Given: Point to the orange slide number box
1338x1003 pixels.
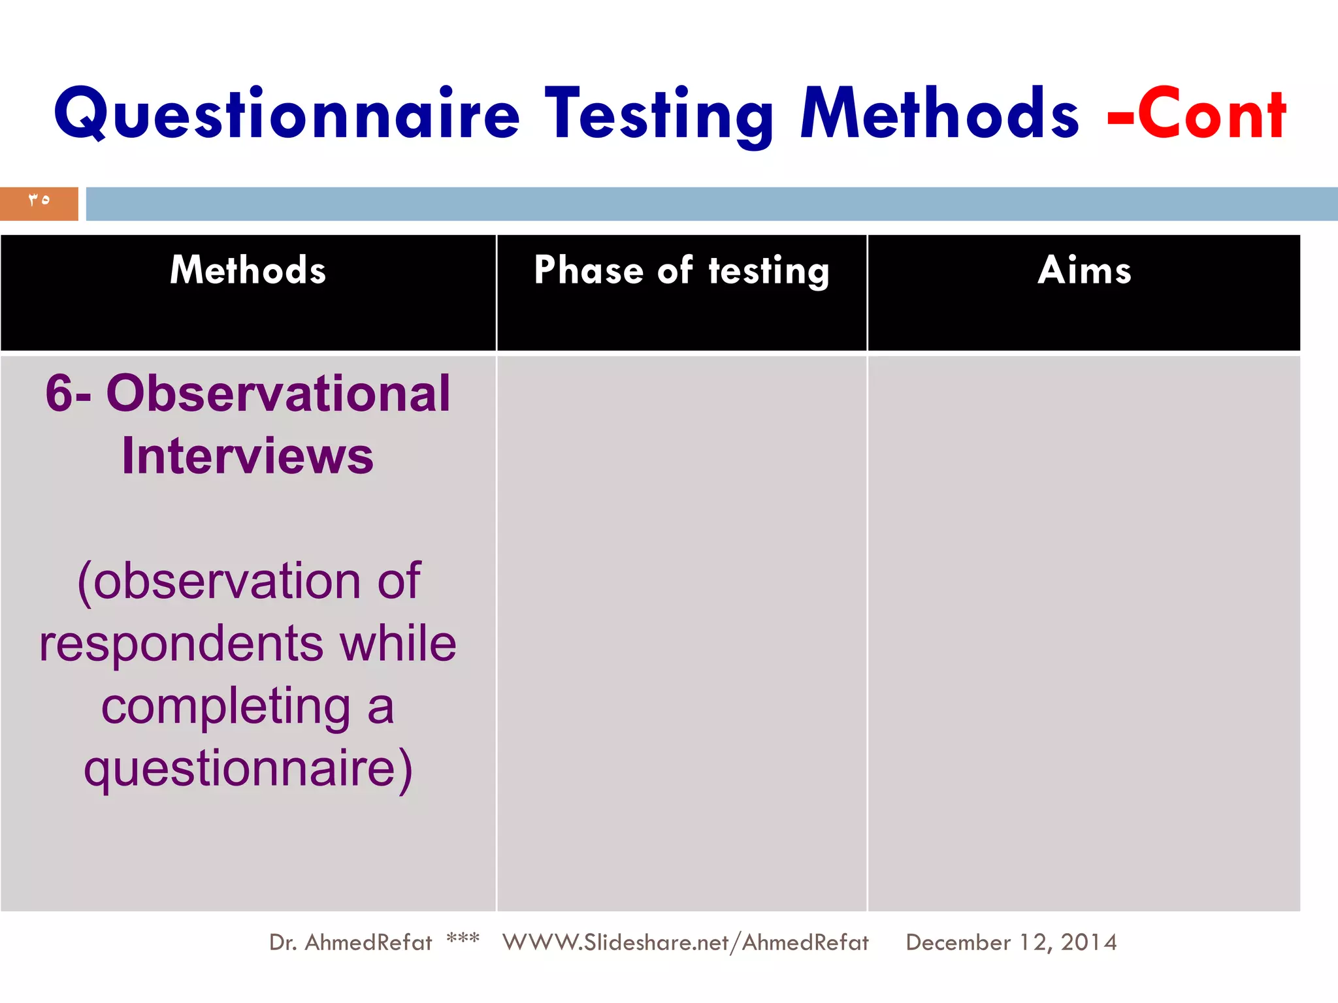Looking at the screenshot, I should [39, 203].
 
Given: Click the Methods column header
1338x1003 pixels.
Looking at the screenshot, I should [248, 270].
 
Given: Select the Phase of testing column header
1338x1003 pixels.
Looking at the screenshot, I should [681, 270].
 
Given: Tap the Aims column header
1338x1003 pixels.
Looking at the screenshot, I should [1084, 270].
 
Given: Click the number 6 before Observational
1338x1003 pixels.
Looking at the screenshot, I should [58, 394].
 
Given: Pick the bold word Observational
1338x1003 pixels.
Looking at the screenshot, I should [278, 394].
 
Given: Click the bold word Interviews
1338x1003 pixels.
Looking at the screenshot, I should [248, 456].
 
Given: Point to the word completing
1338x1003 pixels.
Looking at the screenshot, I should [225, 707].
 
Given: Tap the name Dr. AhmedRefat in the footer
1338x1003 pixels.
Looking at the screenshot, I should [350, 942].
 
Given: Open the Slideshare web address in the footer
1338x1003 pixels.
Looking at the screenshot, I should [685, 942].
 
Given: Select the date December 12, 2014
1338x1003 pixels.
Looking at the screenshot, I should [1011, 942].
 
